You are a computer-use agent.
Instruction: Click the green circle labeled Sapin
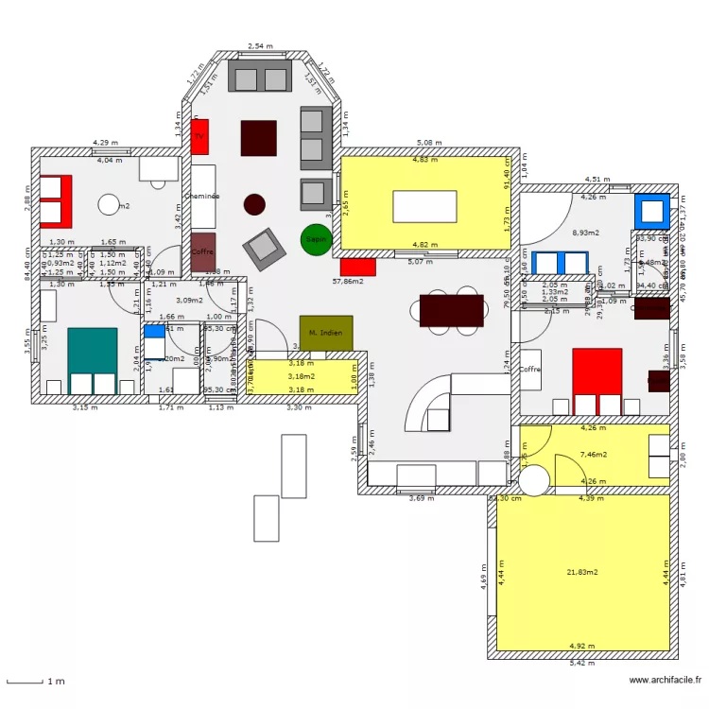(x=316, y=239)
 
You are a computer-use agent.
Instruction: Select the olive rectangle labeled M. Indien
(x=325, y=333)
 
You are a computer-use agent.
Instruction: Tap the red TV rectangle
(x=199, y=136)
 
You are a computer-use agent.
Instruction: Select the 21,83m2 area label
(x=581, y=572)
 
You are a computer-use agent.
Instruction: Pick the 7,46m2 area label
(x=593, y=455)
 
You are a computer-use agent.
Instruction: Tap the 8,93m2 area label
(x=586, y=232)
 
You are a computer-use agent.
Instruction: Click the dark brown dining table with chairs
(x=452, y=309)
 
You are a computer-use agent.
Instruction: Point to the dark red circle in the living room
(x=254, y=203)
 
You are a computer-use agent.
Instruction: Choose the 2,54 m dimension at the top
(x=260, y=46)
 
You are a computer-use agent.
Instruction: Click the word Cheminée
(x=201, y=196)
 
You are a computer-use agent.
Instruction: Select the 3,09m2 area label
(x=189, y=301)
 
